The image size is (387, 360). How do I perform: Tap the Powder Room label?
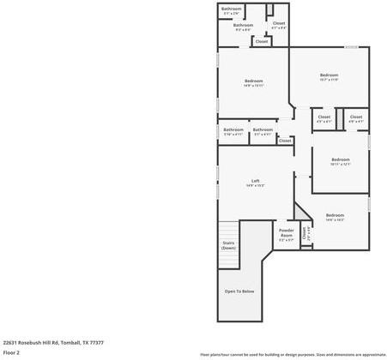tap(287, 234)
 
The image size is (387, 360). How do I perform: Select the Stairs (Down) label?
tap(228, 245)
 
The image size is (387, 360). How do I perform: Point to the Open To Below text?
tap(239, 291)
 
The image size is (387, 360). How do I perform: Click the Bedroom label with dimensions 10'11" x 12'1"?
tap(341, 161)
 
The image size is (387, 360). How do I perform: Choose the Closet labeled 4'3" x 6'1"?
tap(324, 118)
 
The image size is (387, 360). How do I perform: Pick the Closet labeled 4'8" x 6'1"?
tap(355, 118)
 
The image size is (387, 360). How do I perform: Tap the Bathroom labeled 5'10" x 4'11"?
tap(233, 131)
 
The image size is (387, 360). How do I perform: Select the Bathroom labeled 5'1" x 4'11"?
tap(263, 131)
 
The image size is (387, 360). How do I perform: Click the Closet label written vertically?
tap(305, 232)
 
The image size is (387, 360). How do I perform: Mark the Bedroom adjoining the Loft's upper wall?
tap(253, 82)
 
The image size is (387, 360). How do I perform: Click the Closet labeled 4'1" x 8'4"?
tap(279, 25)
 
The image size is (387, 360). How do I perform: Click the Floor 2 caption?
tap(12, 351)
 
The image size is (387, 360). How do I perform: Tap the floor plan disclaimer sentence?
tap(292, 353)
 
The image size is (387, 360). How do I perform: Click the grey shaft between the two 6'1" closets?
tap(339, 117)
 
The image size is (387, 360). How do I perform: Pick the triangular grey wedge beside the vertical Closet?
tap(299, 211)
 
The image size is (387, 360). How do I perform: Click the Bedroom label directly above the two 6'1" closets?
tap(330, 76)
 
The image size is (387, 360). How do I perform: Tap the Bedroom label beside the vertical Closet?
tap(334, 217)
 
